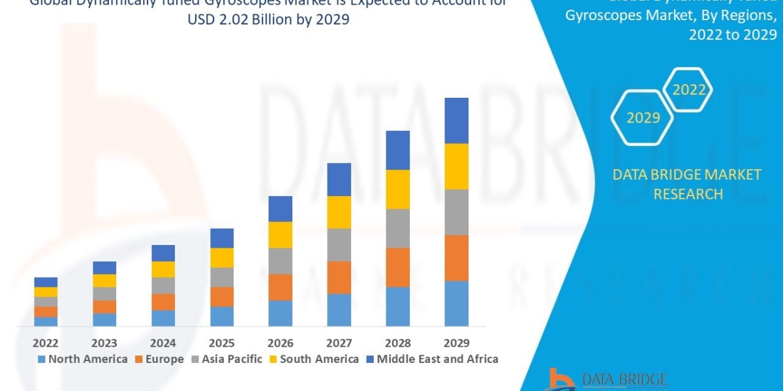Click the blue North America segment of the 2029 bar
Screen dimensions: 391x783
pos(456,303)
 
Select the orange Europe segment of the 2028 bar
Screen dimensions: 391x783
pos(397,267)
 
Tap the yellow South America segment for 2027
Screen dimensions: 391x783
pos(339,212)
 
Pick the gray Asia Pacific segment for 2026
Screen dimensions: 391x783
pos(280,261)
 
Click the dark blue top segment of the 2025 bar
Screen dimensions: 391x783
pos(222,238)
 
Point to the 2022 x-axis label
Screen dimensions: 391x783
pos(46,343)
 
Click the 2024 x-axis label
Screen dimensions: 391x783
pos(163,343)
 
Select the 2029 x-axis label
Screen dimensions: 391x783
pos(456,343)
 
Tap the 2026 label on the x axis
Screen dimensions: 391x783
pos(280,343)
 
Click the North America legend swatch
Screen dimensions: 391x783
pos(42,359)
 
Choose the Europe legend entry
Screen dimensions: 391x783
pos(159,359)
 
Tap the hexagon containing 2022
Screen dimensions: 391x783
pos(689,90)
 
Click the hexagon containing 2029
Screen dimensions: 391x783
pos(643,118)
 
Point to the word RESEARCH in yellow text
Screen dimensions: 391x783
pos(688,194)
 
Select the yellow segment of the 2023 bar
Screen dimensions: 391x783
pos(104,280)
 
